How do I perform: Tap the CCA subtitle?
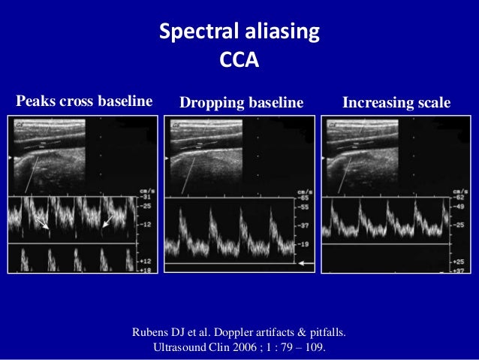tap(239, 58)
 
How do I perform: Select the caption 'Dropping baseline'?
tap(241, 102)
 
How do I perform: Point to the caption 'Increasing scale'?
tap(396, 102)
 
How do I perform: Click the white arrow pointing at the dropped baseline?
tap(306, 264)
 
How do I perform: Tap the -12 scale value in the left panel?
tap(146, 225)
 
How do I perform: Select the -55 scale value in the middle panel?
tap(303, 204)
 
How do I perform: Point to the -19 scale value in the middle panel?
tap(303, 244)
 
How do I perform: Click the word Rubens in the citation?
tap(151, 331)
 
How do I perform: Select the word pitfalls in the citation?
tap(324, 331)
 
